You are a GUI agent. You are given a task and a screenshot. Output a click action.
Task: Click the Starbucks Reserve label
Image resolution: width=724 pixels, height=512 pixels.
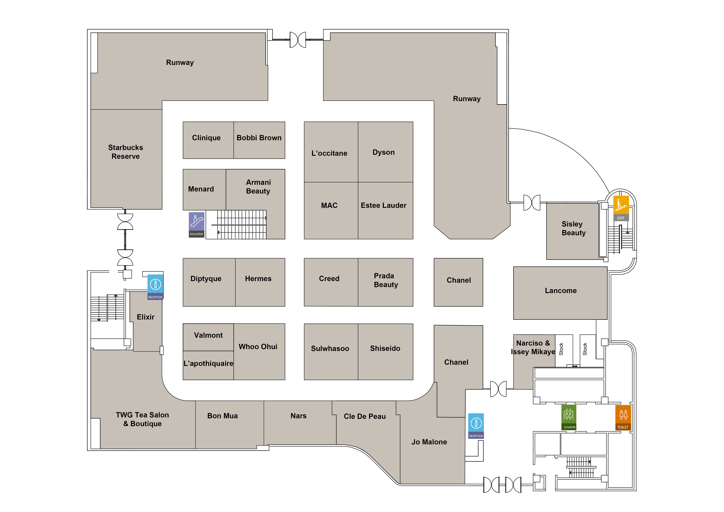pyautogui.click(x=126, y=152)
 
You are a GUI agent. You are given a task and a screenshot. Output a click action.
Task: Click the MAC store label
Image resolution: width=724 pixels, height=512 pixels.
pyautogui.click(x=329, y=206)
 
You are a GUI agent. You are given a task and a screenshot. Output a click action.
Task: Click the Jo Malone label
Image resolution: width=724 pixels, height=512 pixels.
pyautogui.click(x=429, y=442)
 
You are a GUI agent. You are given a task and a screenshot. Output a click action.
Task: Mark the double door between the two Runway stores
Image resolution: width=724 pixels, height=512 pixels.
pyautogui.click(x=298, y=40)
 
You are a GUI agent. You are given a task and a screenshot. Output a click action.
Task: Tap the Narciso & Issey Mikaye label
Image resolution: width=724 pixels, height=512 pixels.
pyautogui.click(x=533, y=347)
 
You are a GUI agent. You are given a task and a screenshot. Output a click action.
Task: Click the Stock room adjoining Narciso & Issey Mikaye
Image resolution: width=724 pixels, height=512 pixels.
pyautogui.click(x=563, y=350)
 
